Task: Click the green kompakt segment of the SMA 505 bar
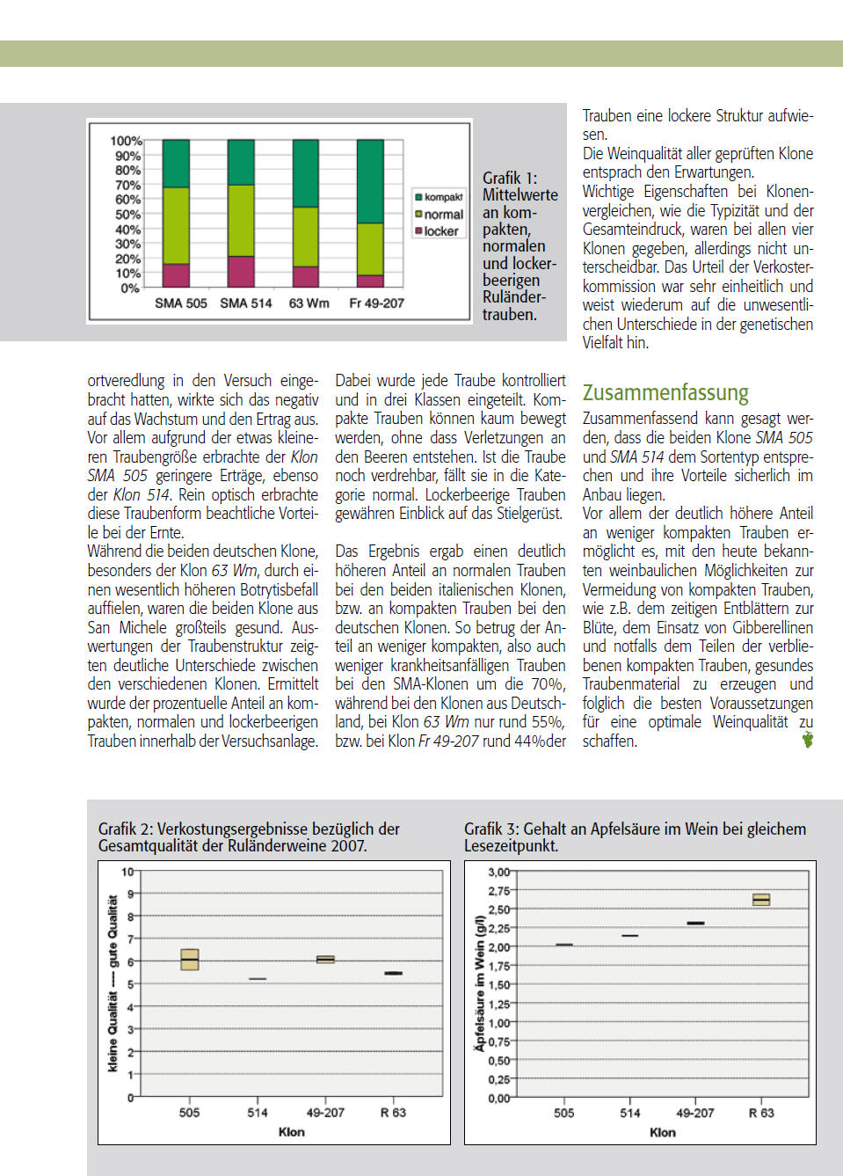click(x=176, y=163)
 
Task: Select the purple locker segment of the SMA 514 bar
click(x=241, y=271)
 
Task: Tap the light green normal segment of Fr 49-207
click(x=370, y=249)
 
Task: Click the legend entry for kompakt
click(x=439, y=197)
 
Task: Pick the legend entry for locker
click(x=437, y=231)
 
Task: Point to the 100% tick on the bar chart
click(x=126, y=141)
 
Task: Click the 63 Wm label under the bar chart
click(x=309, y=303)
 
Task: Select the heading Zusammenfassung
click(x=665, y=392)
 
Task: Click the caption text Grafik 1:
click(x=510, y=178)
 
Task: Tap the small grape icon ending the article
click(x=807, y=740)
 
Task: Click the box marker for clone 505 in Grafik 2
click(x=189, y=960)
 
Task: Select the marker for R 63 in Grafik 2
click(x=393, y=973)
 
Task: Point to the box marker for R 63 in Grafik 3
click(x=761, y=899)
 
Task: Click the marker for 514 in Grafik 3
click(x=629, y=935)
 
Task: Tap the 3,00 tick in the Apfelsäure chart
click(x=498, y=872)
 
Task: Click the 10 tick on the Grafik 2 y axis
click(x=127, y=872)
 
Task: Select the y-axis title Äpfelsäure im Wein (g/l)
click(x=479, y=982)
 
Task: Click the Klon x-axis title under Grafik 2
click(x=291, y=1132)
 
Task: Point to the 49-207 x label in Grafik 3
click(x=694, y=1113)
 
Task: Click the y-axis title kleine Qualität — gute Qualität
click(x=113, y=983)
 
